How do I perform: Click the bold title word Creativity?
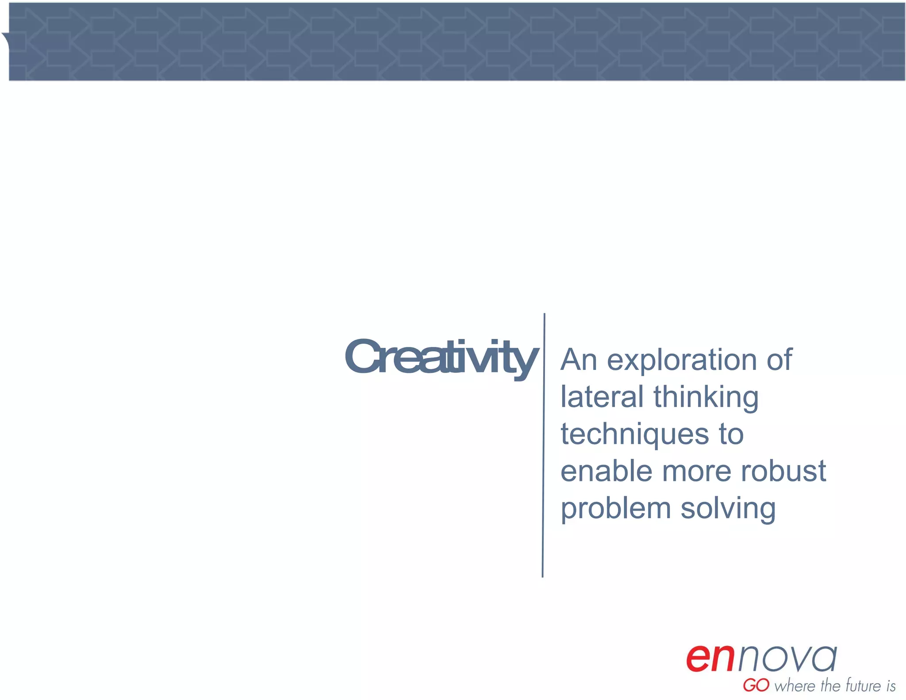[x=441, y=358]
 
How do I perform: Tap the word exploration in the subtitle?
[x=681, y=361]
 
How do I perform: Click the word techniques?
[x=635, y=435]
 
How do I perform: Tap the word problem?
[x=616, y=509]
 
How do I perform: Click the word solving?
[x=728, y=509]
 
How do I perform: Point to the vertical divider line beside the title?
[x=543, y=445]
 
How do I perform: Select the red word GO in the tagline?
[x=756, y=685]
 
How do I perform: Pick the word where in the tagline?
[x=795, y=685]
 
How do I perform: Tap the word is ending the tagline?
[x=891, y=685]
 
